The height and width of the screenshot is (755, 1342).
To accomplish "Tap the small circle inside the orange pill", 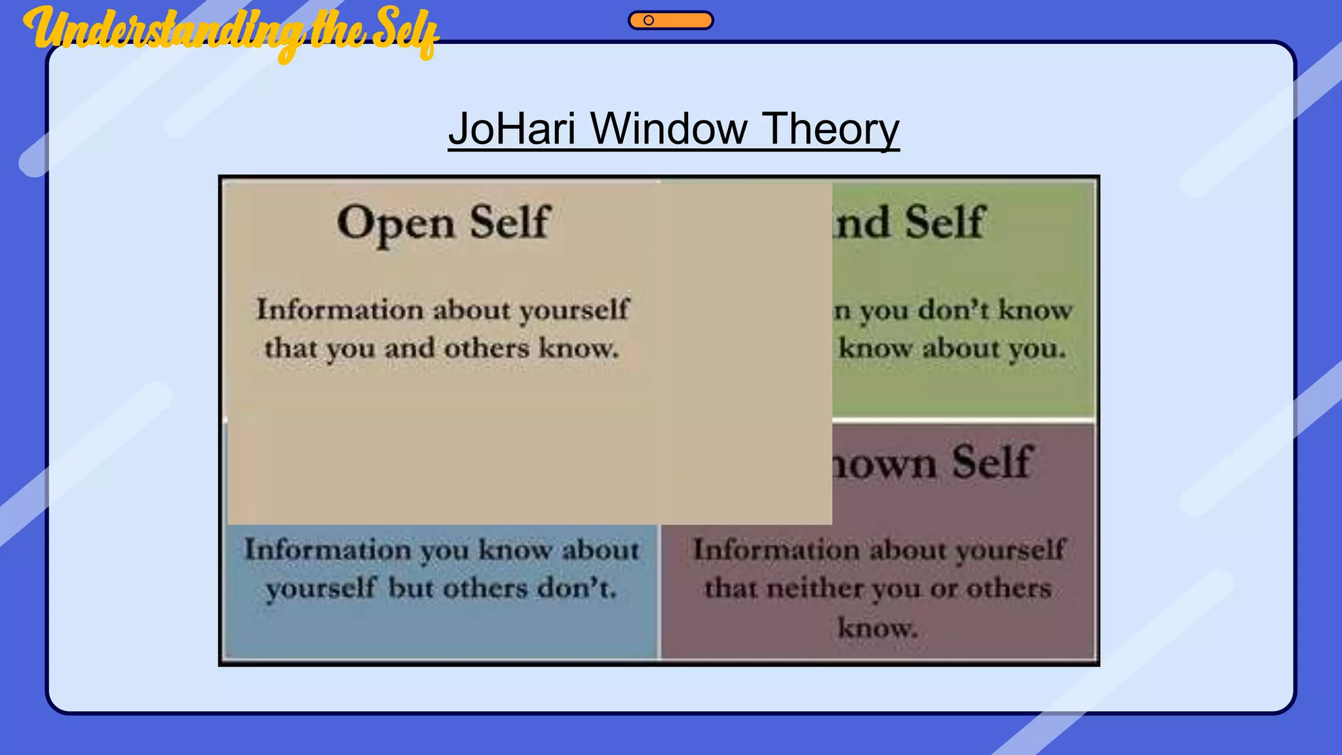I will pos(649,20).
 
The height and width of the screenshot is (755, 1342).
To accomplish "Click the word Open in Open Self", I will pos(395,223).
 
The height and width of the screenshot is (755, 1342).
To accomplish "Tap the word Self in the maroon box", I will pos(992,461).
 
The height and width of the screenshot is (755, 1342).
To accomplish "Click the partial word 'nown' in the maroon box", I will pos(885,464).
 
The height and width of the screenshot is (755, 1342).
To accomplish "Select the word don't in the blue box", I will pos(577,588).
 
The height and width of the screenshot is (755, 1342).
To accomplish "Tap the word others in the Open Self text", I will pos(486,348).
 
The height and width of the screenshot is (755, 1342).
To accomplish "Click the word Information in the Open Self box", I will pos(339,309).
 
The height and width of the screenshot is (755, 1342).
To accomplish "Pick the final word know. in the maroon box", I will pos(877,628).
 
